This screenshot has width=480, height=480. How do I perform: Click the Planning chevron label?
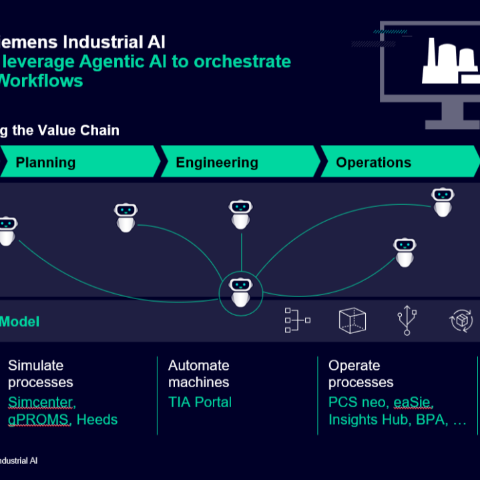tap(45, 162)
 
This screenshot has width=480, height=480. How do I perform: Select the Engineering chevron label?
tap(217, 162)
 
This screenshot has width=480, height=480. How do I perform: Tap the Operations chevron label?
tap(373, 162)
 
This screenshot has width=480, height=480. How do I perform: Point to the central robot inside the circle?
tap(241, 292)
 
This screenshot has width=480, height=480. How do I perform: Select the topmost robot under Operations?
tap(443, 202)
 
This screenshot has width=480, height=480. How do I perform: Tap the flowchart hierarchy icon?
tap(296, 320)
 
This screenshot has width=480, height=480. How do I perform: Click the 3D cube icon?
tap(352, 320)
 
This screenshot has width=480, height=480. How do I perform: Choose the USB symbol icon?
tap(406, 320)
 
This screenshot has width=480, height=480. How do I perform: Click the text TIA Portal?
tap(200, 402)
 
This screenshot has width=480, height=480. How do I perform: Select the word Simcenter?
tap(42, 402)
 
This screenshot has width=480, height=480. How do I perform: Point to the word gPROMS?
tap(39, 419)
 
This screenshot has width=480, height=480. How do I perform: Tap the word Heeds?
tap(97, 419)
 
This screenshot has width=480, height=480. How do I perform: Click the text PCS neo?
tap(356, 402)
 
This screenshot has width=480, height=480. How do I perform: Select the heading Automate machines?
tap(198, 374)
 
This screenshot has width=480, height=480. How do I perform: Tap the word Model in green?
tap(19, 322)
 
